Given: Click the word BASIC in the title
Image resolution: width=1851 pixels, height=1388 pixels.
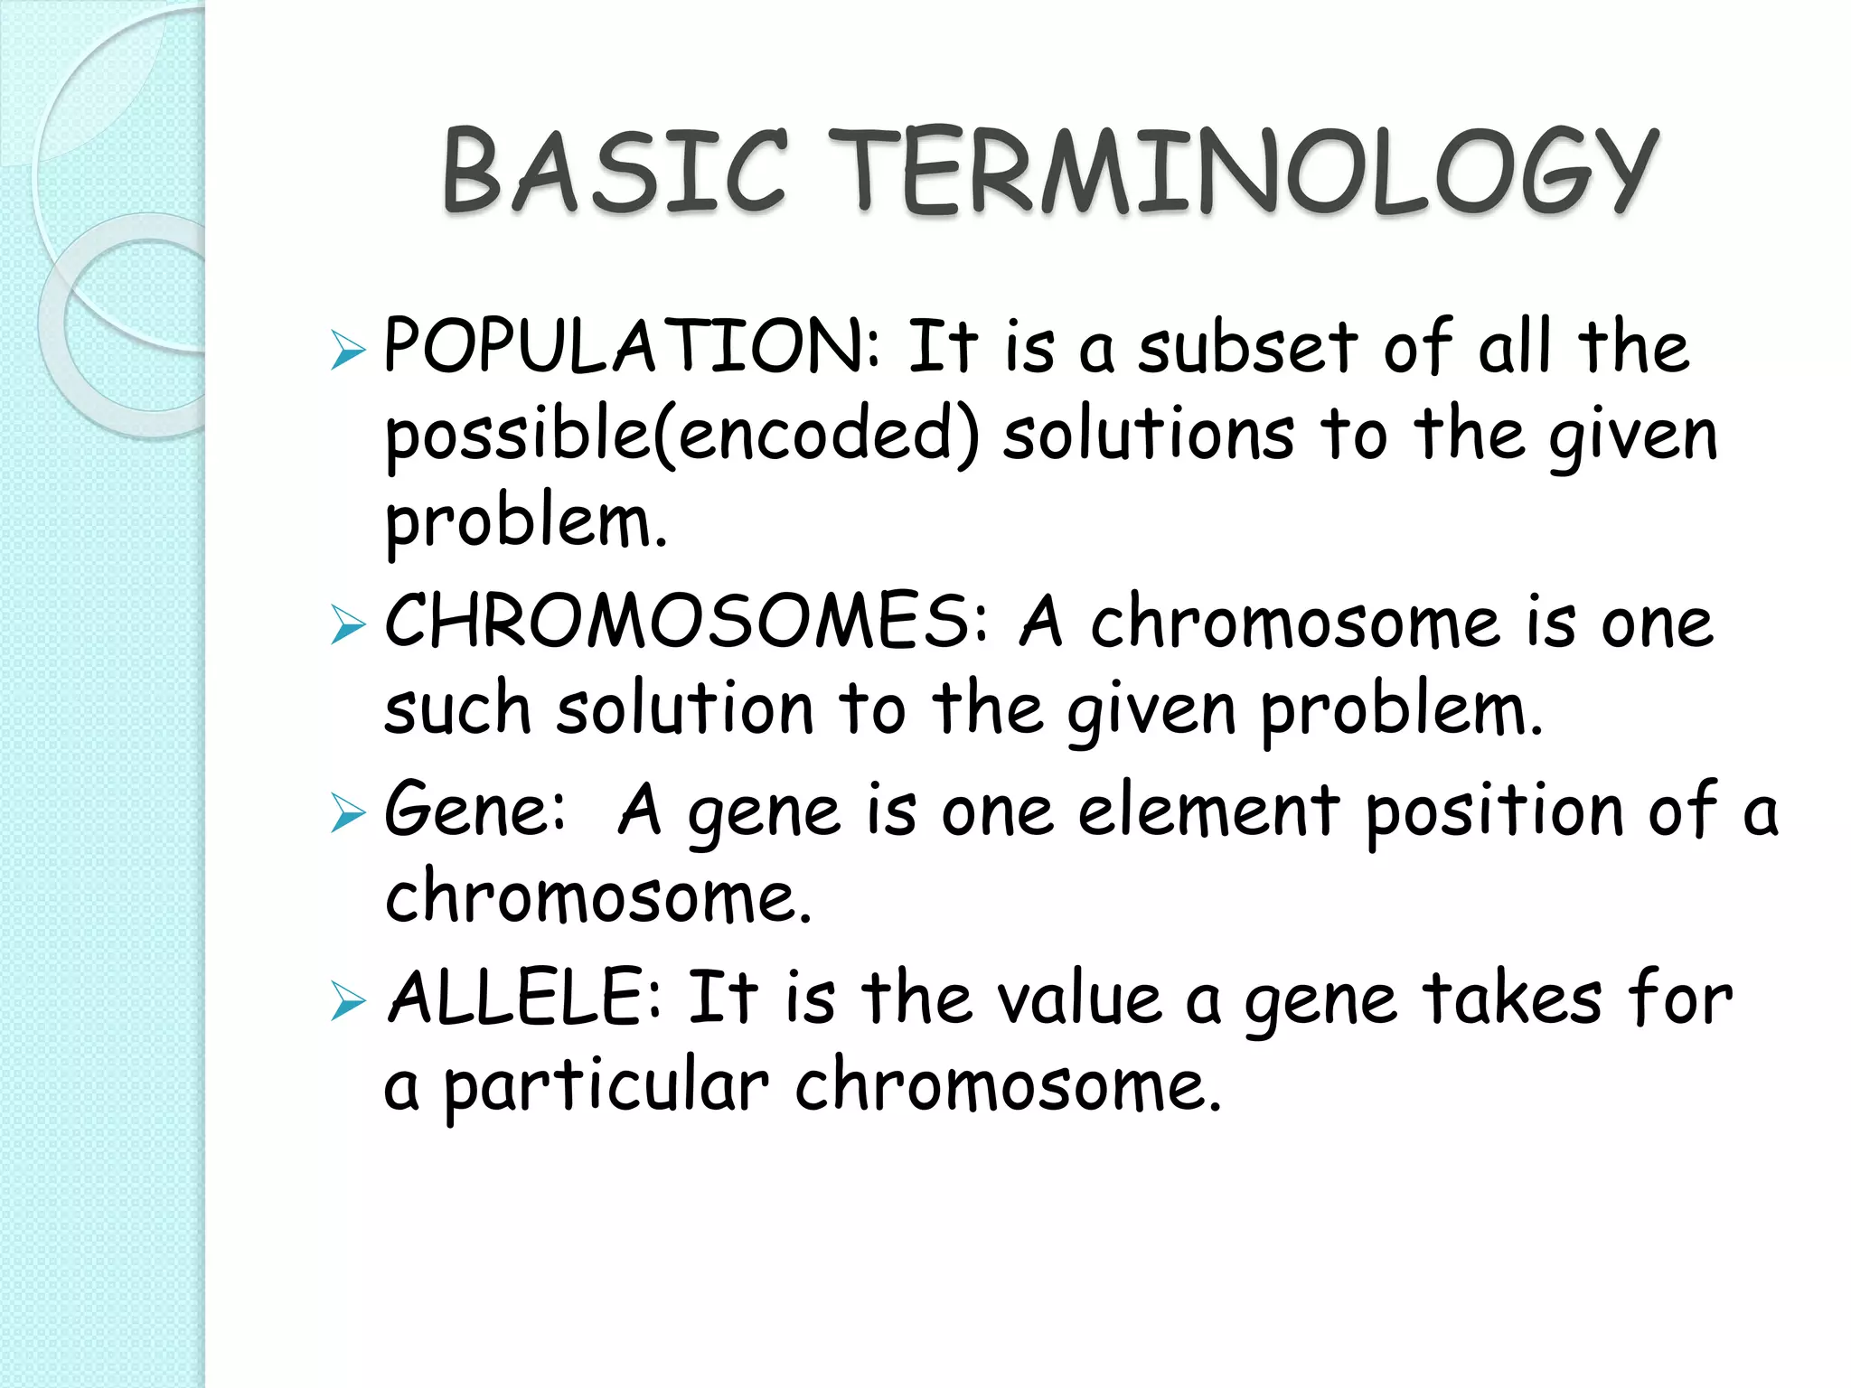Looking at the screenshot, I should pos(615,172).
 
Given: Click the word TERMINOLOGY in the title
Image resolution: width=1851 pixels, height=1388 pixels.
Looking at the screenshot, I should pos(1243,172).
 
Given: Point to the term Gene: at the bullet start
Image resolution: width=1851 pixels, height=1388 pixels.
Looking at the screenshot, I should pos(475,810).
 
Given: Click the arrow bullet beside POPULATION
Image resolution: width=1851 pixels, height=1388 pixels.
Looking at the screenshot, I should pos(347,351).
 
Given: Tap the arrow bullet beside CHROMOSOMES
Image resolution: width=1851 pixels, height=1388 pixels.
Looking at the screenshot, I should pos(347,625).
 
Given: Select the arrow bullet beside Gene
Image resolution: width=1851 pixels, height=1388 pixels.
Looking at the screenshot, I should pos(347,812).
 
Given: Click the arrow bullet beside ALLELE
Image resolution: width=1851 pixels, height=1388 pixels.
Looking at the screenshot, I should pos(347,1001).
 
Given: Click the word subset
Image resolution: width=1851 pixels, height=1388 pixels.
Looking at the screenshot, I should pos(1247,347).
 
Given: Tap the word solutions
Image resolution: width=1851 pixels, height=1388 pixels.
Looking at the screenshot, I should pos(1148,434).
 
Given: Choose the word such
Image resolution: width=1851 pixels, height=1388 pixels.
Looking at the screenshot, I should pos(457,710).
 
